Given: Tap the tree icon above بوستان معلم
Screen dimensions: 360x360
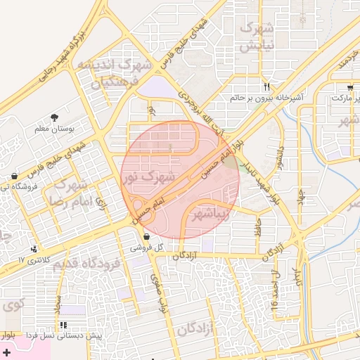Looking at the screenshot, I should point(55,117).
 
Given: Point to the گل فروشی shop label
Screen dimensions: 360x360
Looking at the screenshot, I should point(147,248).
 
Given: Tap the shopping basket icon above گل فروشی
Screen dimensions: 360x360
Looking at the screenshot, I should point(146,236).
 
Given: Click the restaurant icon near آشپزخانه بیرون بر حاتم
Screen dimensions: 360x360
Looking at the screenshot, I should point(266,86).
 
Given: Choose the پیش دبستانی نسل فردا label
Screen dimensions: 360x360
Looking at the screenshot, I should point(70,336).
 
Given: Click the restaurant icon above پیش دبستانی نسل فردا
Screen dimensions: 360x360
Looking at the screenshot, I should point(63,325).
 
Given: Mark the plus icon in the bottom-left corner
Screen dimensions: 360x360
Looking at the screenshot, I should point(7,351).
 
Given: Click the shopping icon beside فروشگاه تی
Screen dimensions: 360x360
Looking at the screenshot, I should point(14,176).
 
